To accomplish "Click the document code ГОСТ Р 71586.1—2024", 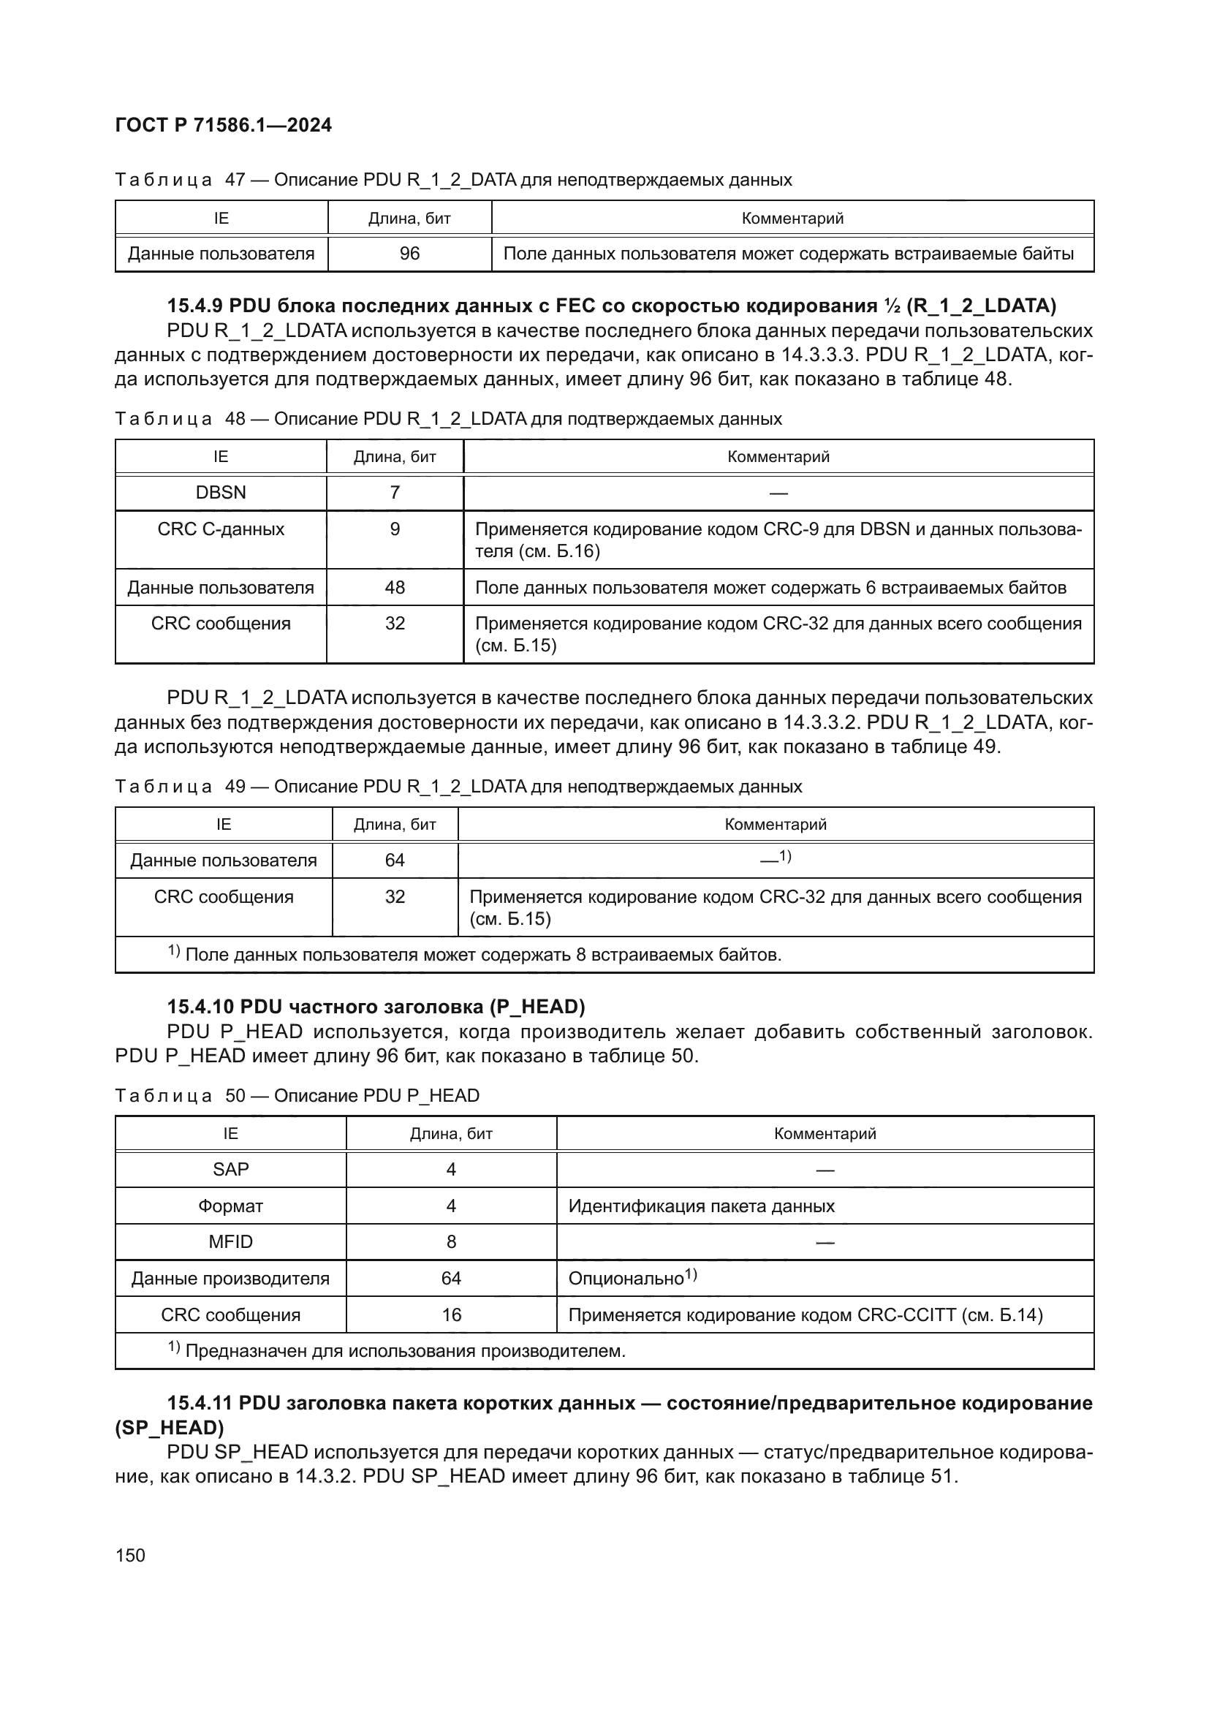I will (x=224, y=125).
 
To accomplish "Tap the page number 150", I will (x=130, y=1555).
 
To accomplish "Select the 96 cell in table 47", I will (x=409, y=254).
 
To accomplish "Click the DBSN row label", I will (x=220, y=492).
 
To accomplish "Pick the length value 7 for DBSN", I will (x=395, y=492).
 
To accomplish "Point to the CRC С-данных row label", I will (x=220, y=529).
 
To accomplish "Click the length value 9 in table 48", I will (x=395, y=529).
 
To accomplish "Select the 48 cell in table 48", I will (x=395, y=588).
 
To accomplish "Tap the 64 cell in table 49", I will (x=395, y=860).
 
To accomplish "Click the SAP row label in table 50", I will (x=230, y=1169).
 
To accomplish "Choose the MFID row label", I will (x=230, y=1242).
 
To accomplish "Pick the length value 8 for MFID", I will (x=451, y=1242).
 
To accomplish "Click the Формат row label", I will (x=230, y=1206).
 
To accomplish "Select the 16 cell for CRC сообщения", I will (x=451, y=1315).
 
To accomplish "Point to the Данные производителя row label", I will (x=230, y=1279).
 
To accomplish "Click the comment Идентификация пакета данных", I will (x=701, y=1206).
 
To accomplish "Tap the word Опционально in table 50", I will (x=626, y=1279).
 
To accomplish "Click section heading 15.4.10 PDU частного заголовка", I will (x=375, y=1007).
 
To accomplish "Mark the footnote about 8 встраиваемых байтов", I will (x=477, y=955).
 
